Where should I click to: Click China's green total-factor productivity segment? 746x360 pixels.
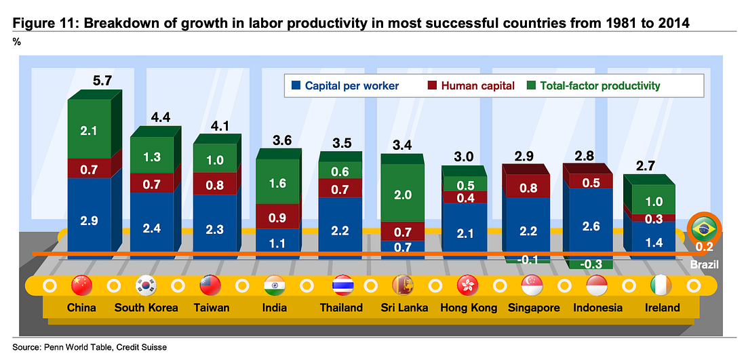pos(90,129)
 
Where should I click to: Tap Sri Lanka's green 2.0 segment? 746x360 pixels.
pos(403,195)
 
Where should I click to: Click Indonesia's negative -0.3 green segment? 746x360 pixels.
pos(589,264)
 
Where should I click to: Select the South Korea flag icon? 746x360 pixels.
pos(146,285)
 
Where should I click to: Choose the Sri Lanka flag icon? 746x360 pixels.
pos(403,285)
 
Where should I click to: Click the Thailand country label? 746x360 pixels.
pos(341,308)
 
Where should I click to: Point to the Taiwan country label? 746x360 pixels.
pos(211,308)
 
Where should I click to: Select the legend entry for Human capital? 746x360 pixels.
pos(471,86)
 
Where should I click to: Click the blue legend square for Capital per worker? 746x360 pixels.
pos(295,86)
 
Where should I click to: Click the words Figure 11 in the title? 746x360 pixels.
pos(40,23)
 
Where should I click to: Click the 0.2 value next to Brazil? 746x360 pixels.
pos(704,247)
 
